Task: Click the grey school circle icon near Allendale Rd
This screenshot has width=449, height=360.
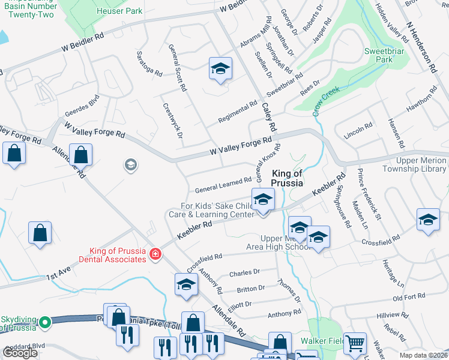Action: (130, 164)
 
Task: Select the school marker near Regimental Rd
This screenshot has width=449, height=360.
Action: (220, 69)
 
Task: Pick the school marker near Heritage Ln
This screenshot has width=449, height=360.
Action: (428, 220)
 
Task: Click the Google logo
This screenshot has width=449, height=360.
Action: (20, 353)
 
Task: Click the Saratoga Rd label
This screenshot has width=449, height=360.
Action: (150, 63)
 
